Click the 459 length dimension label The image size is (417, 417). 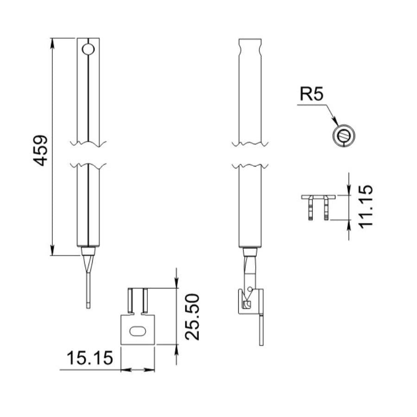point(40,151)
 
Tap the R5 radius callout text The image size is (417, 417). point(311,94)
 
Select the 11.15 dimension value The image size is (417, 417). point(366,206)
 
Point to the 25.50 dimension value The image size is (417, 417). point(192,317)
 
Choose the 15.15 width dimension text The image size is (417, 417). point(89,358)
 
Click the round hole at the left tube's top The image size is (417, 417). point(88,49)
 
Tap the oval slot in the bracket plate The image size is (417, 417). point(138,331)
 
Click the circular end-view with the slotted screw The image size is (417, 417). point(344,136)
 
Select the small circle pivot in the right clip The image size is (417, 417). point(249,289)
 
